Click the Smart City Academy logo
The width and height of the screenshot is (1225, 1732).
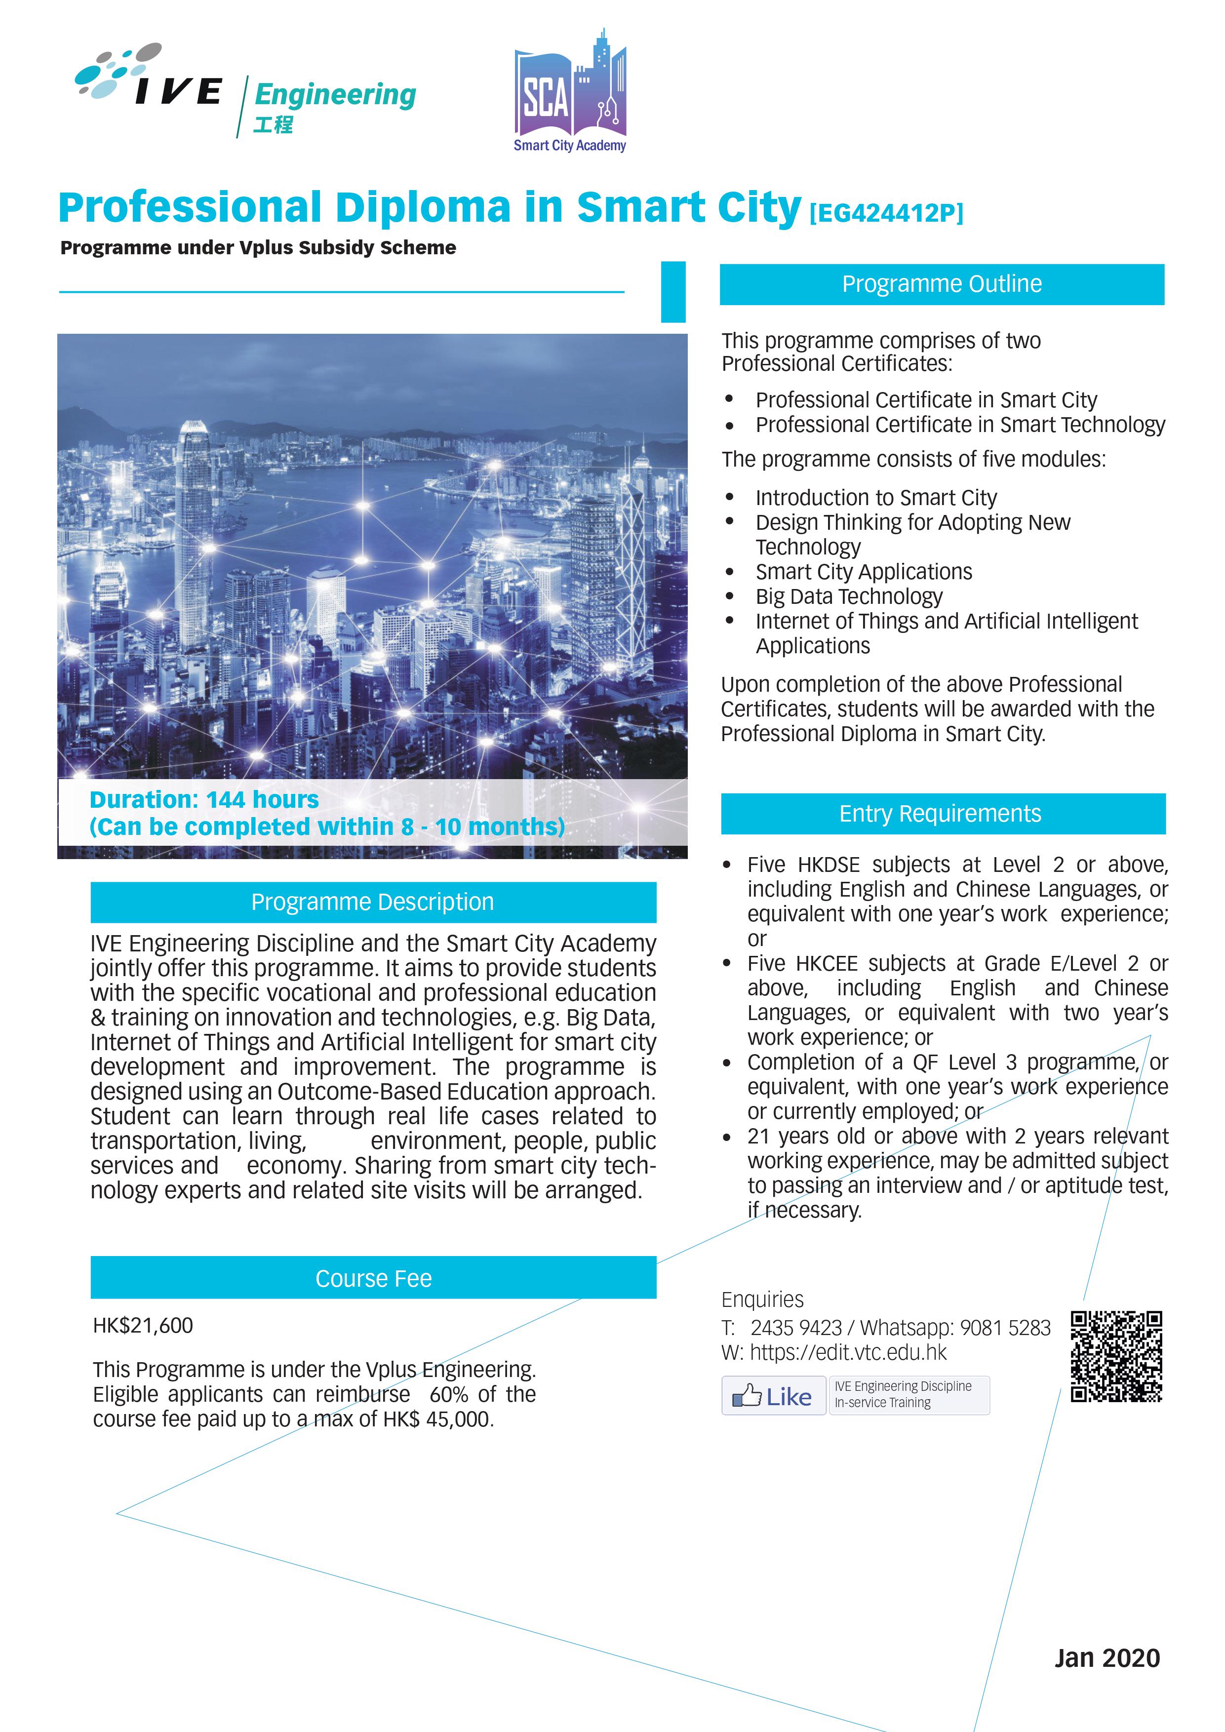[x=570, y=92]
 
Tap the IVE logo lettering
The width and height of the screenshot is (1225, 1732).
[x=178, y=91]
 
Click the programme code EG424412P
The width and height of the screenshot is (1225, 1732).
[x=886, y=213]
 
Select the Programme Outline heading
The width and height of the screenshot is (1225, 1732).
[x=942, y=284]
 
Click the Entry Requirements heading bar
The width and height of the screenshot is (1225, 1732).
[x=943, y=814]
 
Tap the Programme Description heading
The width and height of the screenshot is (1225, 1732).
[x=373, y=902]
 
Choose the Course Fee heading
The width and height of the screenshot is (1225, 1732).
[x=373, y=1279]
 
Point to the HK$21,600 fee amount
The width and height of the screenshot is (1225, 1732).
[x=143, y=1325]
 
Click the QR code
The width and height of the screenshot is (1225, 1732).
[x=1116, y=1356]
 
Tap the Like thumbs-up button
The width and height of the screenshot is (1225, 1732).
[x=773, y=1396]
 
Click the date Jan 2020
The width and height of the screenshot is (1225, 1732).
[x=1106, y=1658]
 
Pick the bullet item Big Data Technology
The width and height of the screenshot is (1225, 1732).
[x=849, y=597]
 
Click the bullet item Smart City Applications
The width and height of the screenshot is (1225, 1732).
[x=864, y=572]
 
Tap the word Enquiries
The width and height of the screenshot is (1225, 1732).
[x=762, y=1300]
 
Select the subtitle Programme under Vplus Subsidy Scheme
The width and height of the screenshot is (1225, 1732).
[x=258, y=248]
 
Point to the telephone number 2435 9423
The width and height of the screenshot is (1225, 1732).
[x=796, y=1328]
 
